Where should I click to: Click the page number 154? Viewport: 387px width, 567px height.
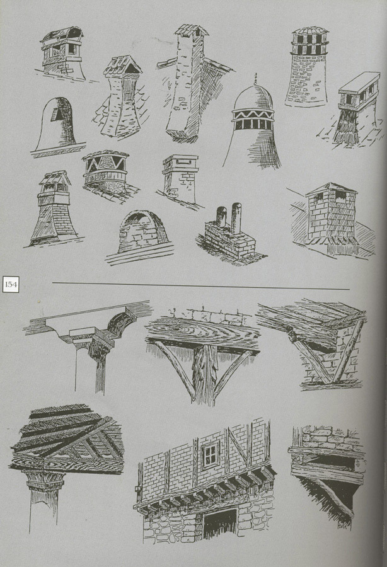[x=11, y=284]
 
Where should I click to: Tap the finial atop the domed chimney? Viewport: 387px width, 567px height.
[x=256, y=78]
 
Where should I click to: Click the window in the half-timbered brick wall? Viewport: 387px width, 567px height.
[x=211, y=454]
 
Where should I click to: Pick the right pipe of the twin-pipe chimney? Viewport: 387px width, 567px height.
[x=236, y=218]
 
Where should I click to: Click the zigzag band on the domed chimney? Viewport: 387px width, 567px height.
[x=253, y=115]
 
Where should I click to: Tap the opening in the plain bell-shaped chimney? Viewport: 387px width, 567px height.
[x=57, y=114]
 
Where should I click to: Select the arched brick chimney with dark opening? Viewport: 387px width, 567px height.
[x=143, y=231]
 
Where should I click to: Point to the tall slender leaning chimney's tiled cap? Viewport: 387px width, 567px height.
[x=192, y=30]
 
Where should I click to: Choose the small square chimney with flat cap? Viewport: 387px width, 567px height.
[x=180, y=179]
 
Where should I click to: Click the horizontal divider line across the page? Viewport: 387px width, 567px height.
[x=201, y=285]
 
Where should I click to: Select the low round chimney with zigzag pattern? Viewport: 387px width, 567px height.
[x=106, y=172]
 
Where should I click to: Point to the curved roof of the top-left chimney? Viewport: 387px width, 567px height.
[x=62, y=34]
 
